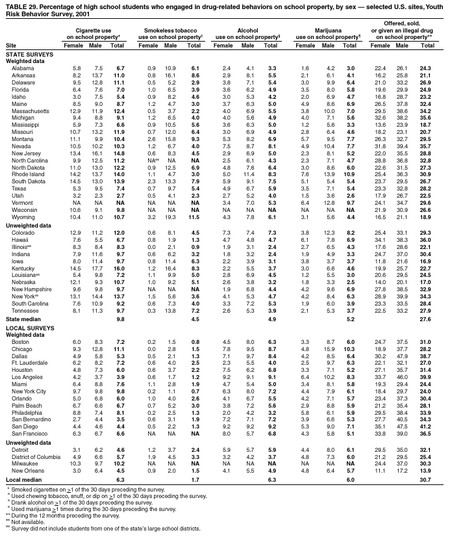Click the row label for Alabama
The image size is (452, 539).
pyautogui.click(x=23, y=68)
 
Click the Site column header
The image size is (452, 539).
pyautogui.click(x=11, y=45)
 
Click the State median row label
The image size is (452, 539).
pyautogui.click(x=23, y=319)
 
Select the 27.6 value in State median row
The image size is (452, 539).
pyautogui.click(x=425, y=319)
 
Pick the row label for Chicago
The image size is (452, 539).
pyautogui.click(x=22, y=349)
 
